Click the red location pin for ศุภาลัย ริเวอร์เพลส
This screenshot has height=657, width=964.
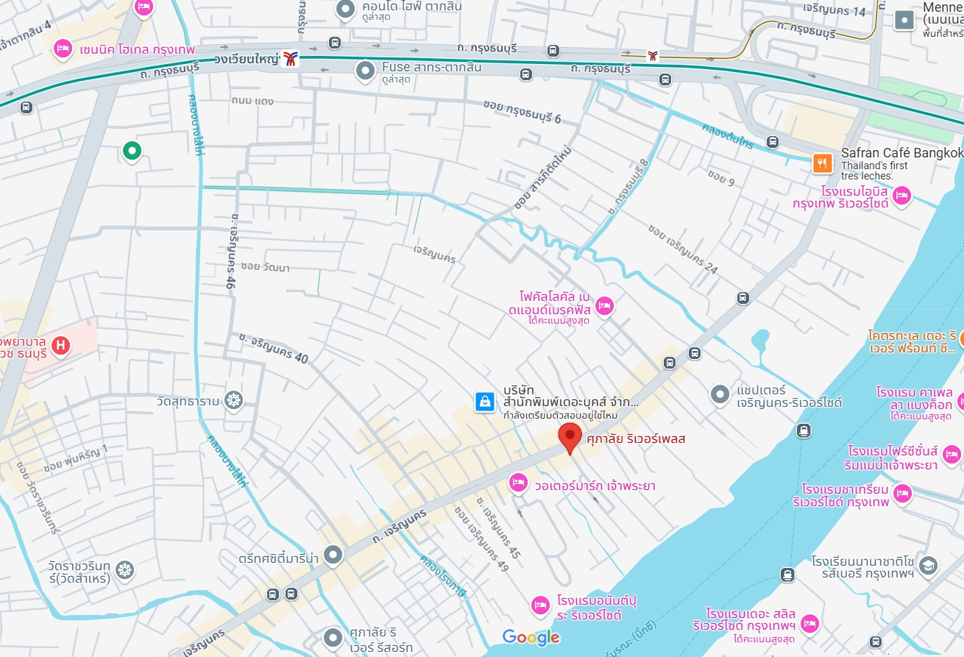tap(569, 437)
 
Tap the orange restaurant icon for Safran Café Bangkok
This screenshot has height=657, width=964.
tap(822, 163)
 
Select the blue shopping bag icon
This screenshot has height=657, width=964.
tap(485, 401)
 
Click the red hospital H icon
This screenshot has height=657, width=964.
tap(62, 344)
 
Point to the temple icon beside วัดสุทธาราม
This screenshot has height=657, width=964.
tap(234, 401)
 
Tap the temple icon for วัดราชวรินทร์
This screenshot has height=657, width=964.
tap(125, 569)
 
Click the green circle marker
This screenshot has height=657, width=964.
tap(132, 151)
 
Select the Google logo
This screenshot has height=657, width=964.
tap(531, 637)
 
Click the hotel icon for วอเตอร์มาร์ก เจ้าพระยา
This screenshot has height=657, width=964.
tap(519, 483)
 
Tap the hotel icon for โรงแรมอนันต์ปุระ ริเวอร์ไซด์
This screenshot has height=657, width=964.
tap(541, 605)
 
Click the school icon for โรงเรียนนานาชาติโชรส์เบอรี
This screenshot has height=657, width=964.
tap(928, 565)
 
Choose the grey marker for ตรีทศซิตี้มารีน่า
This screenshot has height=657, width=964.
tap(334, 554)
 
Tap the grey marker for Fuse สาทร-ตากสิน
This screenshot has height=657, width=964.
tap(365, 71)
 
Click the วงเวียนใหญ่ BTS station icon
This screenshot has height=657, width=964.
tap(291, 59)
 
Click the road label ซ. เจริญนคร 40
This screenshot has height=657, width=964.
tap(273, 348)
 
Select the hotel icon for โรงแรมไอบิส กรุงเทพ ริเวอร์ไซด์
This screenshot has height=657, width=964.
tap(902, 196)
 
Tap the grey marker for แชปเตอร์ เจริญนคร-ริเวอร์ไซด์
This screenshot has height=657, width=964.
tap(720, 395)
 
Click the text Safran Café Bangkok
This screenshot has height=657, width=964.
tap(901, 153)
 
